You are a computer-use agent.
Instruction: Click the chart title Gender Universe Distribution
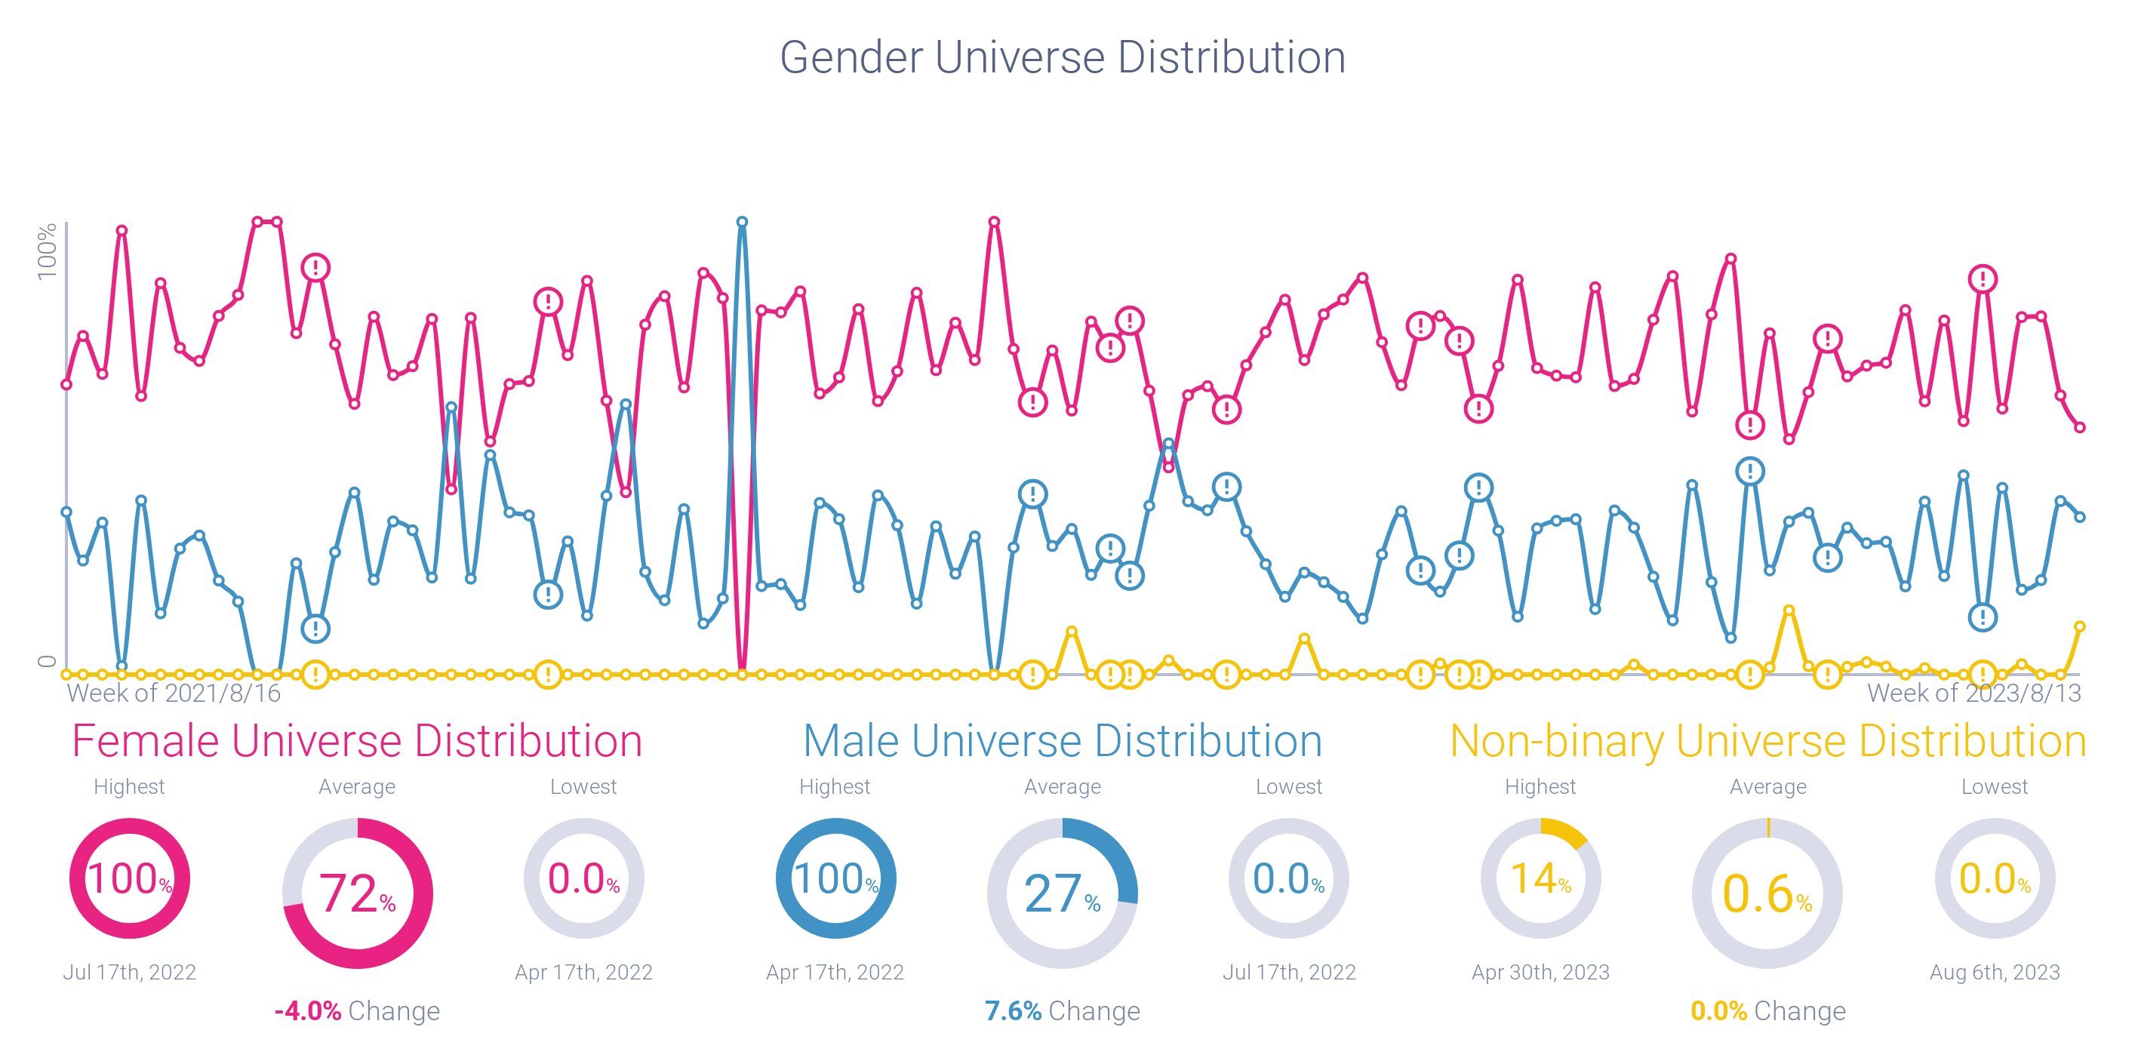1063,57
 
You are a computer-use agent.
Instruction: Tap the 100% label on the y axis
48,251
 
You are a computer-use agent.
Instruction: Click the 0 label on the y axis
48,660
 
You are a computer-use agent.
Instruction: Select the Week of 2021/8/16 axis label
174,693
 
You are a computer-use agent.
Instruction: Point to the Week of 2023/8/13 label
1973,693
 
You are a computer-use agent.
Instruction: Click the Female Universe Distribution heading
356,741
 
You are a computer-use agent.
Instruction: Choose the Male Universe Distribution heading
1063,741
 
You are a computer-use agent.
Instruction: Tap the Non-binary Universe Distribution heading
1767,741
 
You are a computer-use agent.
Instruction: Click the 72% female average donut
357,893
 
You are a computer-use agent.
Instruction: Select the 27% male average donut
1063,893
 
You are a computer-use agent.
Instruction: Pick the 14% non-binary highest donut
1540,878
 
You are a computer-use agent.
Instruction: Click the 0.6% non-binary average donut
1767,893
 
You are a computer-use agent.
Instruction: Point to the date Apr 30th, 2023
1540,972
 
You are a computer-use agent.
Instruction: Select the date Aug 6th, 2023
1994,972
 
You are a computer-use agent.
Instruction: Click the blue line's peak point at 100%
743,222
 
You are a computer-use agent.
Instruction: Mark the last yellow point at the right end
2079,627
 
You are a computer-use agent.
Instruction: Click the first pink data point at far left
66,385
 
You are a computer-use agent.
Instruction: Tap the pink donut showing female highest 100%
129,878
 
